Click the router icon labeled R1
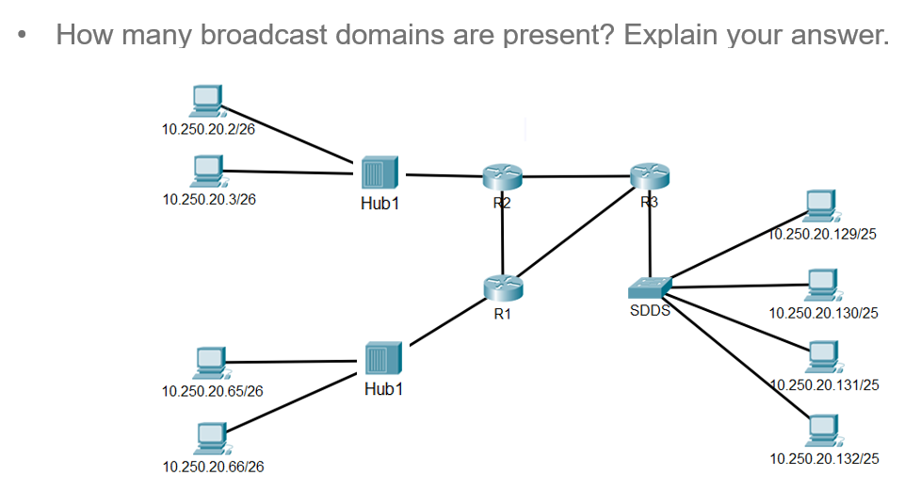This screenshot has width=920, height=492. tap(503, 287)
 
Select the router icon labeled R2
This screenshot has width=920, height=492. tap(501, 176)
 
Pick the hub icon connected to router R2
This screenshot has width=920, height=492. tap(379, 173)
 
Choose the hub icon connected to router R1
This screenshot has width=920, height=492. tap(382, 359)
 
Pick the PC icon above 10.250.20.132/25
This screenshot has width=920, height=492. tap(822, 431)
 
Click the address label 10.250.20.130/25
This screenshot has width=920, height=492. tap(823, 312)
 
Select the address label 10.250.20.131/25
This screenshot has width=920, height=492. tap(823, 385)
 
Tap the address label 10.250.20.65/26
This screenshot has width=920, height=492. tap(213, 391)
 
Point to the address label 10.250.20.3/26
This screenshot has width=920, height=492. tap(209, 199)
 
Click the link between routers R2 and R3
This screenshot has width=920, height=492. tap(575, 176)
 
